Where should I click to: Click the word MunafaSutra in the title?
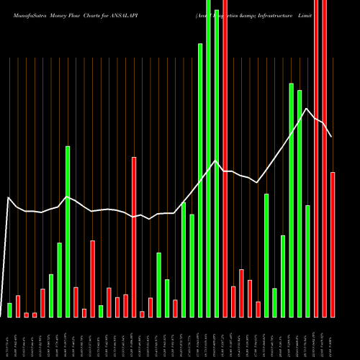coord(25,14)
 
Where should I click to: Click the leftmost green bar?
coord(9,310)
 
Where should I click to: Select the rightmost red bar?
coord(333,245)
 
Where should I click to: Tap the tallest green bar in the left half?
coord(68,231)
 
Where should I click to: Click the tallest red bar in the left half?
coord(134,237)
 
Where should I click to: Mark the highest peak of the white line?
coord(307,109)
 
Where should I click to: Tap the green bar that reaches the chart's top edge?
coord(208,158)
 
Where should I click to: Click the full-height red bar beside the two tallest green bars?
coord(225,158)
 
